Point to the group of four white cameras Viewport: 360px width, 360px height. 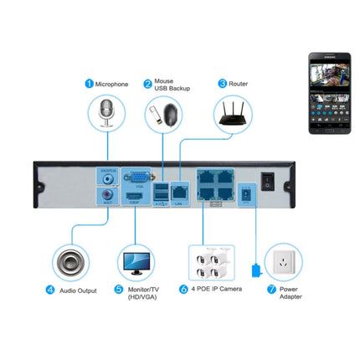208,261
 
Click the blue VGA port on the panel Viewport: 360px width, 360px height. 134,177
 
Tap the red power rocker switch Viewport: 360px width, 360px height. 267,179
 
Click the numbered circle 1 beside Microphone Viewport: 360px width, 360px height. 88,84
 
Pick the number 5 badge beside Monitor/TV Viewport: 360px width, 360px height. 118,290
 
